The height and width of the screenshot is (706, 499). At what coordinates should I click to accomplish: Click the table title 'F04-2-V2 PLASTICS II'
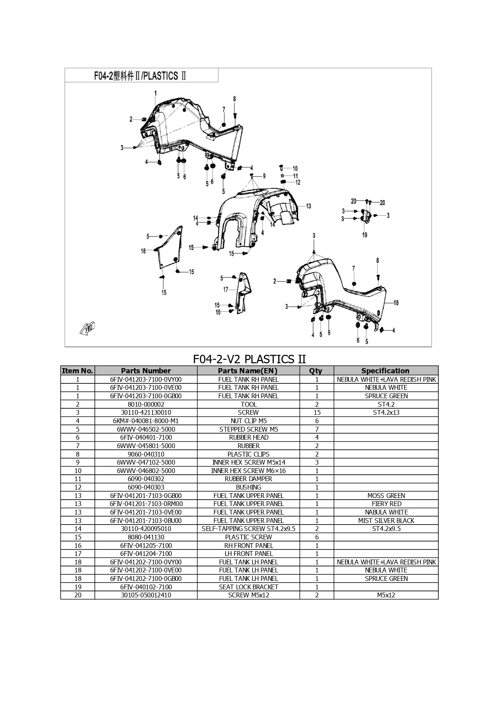[x=249, y=359]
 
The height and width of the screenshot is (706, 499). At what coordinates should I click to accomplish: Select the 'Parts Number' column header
[x=146, y=371]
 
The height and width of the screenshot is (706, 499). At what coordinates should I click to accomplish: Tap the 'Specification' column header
[x=386, y=371]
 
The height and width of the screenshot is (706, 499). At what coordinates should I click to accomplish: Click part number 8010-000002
[x=146, y=404]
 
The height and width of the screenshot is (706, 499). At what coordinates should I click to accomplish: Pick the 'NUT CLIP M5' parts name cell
[x=248, y=421]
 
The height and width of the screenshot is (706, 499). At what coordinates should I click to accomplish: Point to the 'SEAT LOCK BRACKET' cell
[x=248, y=587]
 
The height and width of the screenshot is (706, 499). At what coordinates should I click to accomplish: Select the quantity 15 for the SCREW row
[x=317, y=412]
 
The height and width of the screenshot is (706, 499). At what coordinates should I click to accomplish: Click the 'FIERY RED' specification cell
[x=386, y=504]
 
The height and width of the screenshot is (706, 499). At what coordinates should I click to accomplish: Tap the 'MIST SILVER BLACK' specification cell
[x=386, y=521]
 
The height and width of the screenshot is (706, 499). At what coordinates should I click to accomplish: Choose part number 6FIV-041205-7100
[x=146, y=545]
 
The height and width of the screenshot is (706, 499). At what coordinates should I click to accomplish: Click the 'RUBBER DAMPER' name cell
[x=248, y=479]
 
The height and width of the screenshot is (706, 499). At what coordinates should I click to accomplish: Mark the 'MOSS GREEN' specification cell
[x=386, y=496]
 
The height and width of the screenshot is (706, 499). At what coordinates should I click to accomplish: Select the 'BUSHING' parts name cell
[x=248, y=487]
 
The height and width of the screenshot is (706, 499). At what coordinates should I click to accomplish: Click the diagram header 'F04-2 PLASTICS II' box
[x=142, y=76]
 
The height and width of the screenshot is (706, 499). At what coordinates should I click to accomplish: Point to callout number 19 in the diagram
[x=365, y=235]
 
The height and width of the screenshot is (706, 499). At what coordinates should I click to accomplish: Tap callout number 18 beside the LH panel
[x=396, y=303]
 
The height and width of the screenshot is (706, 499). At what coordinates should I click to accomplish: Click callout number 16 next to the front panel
[x=143, y=251]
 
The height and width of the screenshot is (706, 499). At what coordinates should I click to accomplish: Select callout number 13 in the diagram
[x=308, y=206]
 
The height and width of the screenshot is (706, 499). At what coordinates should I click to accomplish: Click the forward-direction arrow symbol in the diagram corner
[x=87, y=328]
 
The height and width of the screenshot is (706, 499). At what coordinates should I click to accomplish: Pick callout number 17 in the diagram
[x=226, y=290]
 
